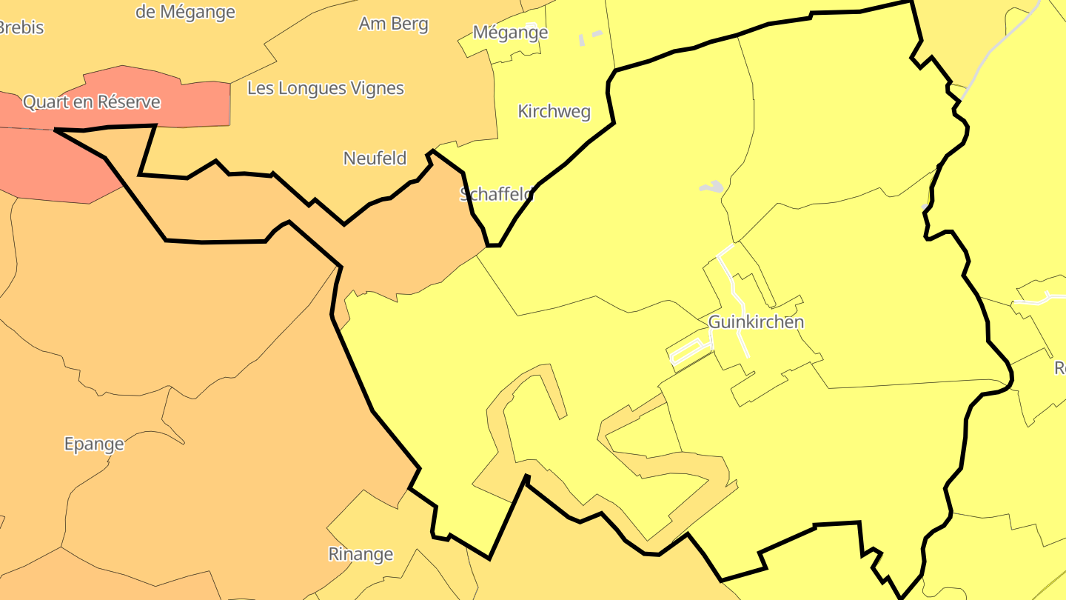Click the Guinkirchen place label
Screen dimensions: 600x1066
point(756,322)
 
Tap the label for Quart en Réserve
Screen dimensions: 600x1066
point(91,101)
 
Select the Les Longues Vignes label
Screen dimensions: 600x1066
point(326,88)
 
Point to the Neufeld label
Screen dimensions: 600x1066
point(375,158)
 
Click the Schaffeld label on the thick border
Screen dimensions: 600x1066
point(497,194)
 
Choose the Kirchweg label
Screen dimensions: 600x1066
point(554,112)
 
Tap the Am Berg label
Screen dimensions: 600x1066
point(393,24)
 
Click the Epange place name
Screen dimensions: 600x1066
point(94,444)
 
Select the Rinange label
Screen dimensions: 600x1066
point(361,554)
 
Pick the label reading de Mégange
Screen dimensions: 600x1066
point(185,12)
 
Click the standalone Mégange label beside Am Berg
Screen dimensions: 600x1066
point(510,33)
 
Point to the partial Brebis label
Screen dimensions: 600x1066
point(21,28)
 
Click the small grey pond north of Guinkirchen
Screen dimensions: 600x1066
point(711,187)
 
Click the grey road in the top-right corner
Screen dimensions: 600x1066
point(1007,44)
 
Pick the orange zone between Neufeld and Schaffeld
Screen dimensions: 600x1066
point(415,237)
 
